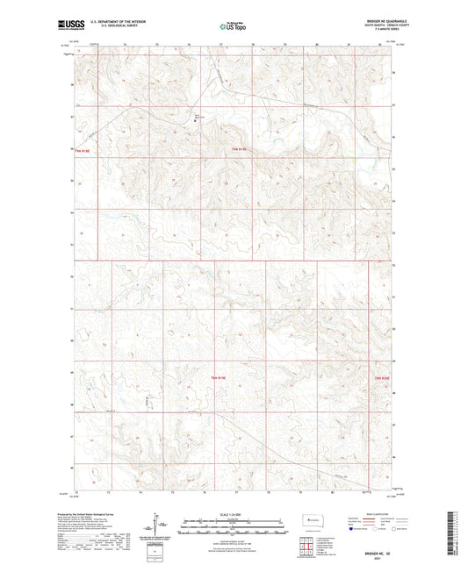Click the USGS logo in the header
pos(67,26)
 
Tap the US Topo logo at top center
pos(233,27)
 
